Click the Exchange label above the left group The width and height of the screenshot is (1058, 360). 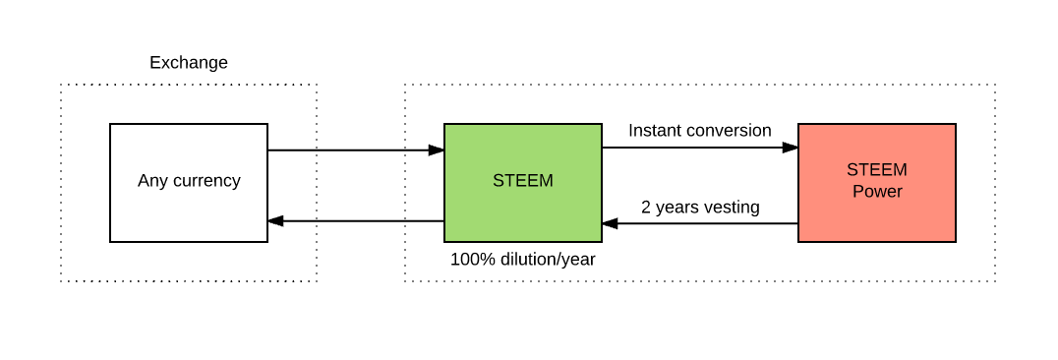point(189,63)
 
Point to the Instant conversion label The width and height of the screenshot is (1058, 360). point(699,130)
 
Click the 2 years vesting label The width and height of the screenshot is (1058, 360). point(700,207)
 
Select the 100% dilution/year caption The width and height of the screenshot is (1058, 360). point(522,260)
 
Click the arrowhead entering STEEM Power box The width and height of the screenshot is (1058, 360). point(790,148)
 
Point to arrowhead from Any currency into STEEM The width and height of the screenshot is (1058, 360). point(436,150)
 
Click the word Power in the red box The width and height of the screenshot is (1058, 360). point(877,192)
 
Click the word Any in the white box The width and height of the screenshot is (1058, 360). point(152,181)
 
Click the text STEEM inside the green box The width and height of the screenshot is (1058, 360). point(522,181)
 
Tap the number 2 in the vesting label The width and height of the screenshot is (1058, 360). point(646,207)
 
